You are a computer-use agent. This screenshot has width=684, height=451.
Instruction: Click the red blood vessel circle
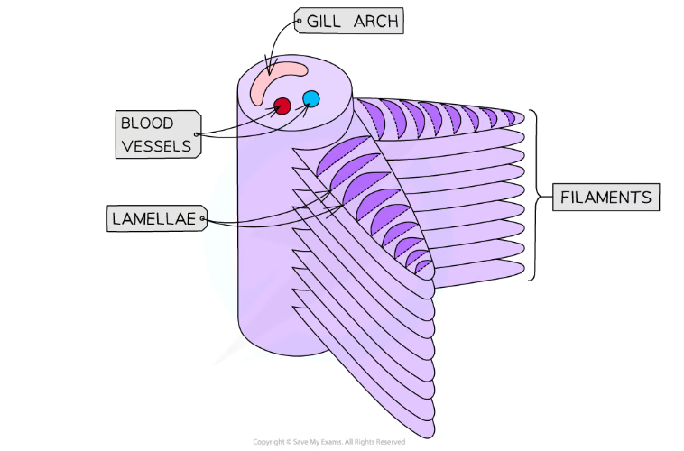[282, 106]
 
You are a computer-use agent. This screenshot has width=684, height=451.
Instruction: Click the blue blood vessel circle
[311, 98]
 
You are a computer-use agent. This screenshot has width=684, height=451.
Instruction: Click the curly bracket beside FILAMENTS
[538, 196]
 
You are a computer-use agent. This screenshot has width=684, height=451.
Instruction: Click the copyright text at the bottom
[328, 442]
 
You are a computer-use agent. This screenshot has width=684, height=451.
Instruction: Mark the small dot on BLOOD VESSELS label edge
[197, 134]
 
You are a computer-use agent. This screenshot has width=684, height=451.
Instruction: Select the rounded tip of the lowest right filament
[521, 270]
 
